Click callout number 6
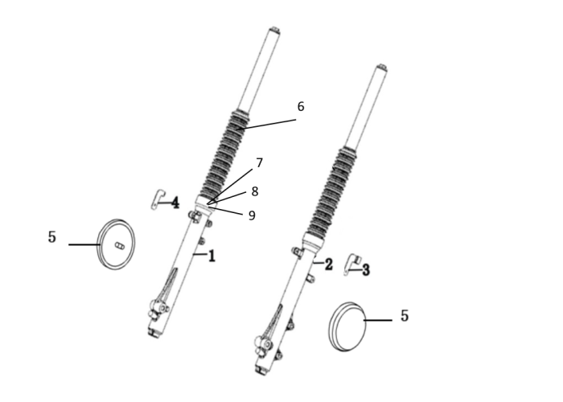[x=301, y=107]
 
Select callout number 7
[x=259, y=163]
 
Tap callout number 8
[x=255, y=191]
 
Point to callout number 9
[x=252, y=215]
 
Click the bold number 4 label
[x=175, y=203]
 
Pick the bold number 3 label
[x=365, y=269]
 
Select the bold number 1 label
[x=212, y=256]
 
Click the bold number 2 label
[x=328, y=265]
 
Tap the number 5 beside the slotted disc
[x=52, y=237]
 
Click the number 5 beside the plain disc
[x=405, y=316]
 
